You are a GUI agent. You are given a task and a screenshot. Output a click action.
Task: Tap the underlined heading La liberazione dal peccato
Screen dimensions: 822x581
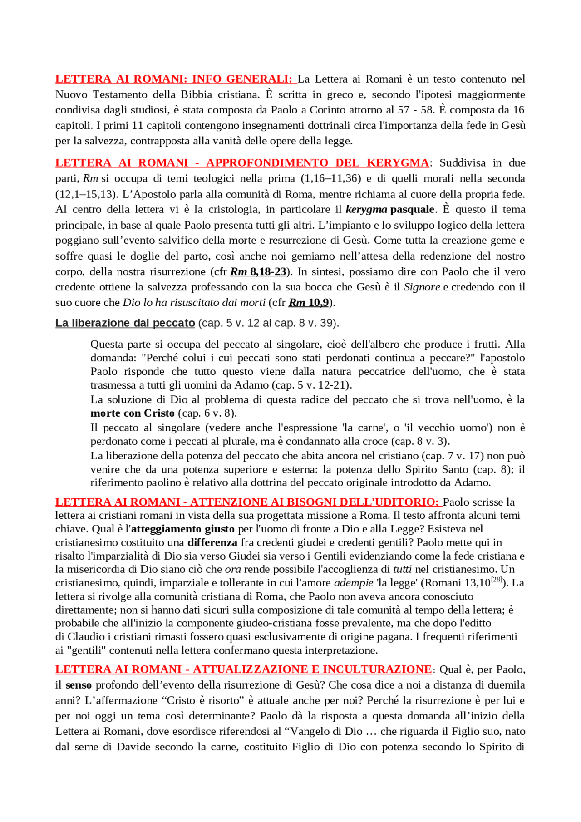click(x=125, y=323)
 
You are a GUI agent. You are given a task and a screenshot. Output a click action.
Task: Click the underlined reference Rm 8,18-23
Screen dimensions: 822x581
click(x=258, y=272)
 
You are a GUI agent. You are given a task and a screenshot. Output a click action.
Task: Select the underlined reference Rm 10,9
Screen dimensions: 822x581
click(x=309, y=303)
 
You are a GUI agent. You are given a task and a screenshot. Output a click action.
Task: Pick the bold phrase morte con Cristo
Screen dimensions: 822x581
click(x=133, y=413)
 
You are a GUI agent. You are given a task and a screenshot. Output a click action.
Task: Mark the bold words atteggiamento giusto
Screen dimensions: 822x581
click(x=183, y=529)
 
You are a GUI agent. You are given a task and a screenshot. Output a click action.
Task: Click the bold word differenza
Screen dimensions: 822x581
click(x=212, y=542)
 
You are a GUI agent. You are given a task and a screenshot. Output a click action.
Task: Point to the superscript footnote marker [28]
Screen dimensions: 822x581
click(x=497, y=580)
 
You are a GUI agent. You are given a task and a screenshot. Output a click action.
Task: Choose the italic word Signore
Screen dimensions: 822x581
click(x=422, y=287)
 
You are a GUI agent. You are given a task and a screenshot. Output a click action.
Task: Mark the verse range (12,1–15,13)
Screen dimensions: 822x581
click(x=84, y=194)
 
